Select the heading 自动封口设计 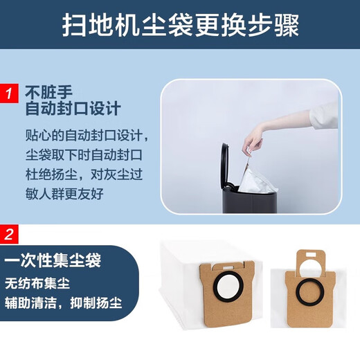point(73,109)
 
